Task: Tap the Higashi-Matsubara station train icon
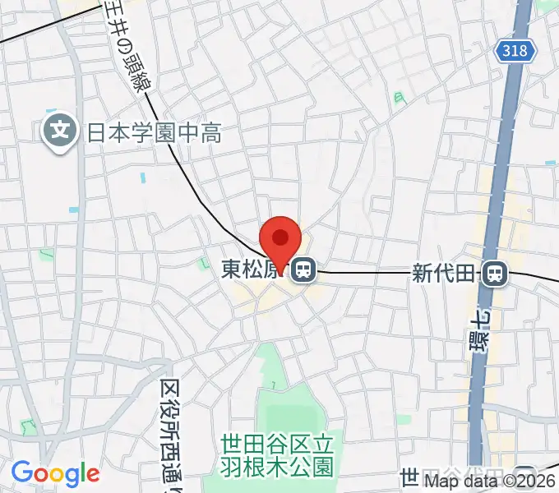305,269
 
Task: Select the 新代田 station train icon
494,273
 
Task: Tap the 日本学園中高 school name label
153,131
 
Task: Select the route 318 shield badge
515,52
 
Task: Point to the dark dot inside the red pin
280,237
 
